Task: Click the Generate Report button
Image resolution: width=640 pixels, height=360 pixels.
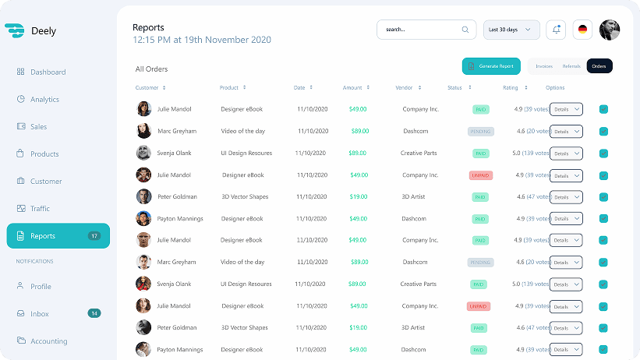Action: click(491, 66)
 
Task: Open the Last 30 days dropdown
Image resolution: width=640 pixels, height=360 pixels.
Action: click(511, 30)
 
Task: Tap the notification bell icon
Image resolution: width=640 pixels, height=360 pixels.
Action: click(556, 30)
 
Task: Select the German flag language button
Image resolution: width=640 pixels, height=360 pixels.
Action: click(582, 30)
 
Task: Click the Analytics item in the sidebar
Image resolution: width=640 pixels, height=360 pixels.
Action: click(44, 100)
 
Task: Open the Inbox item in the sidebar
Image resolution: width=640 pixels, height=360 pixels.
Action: click(40, 314)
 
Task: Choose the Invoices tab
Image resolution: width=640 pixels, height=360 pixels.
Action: click(544, 66)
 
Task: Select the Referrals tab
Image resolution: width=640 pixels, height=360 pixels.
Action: click(571, 66)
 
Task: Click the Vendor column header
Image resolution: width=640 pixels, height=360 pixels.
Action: click(404, 88)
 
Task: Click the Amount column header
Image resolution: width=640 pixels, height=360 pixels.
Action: click(352, 88)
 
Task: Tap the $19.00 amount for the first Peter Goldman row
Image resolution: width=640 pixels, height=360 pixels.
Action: click(359, 197)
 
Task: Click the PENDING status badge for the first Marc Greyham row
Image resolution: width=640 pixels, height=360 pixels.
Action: click(481, 132)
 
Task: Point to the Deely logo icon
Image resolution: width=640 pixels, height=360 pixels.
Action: click(14, 30)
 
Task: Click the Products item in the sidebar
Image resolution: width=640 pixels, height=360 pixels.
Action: click(44, 154)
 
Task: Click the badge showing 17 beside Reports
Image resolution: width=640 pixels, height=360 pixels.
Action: click(94, 236)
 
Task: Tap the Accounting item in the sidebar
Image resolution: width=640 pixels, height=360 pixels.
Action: click(48, 341)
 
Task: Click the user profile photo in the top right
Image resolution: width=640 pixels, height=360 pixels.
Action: click(610, 30)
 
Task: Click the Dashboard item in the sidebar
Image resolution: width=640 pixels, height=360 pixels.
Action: click(48, 72)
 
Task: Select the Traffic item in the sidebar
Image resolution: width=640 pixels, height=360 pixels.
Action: click(41, 209)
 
